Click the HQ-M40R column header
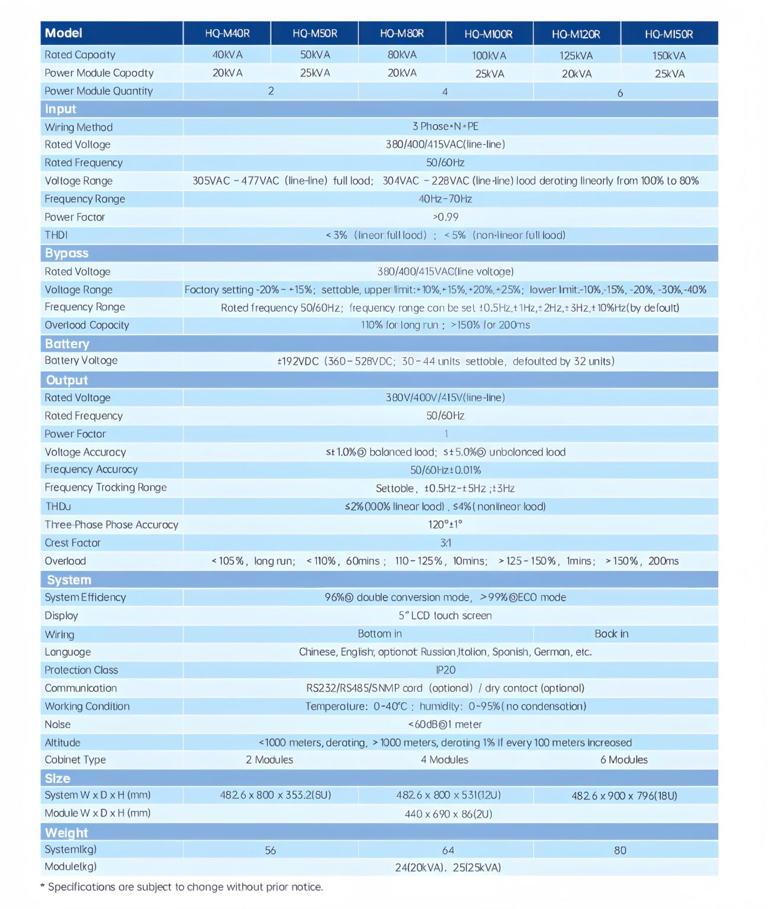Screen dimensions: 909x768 pyautogui.click(x=227, y=34)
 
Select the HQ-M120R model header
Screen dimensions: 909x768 pyautogui.click(x=576, y=34)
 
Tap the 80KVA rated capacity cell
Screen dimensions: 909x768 pyautogui.click(x=402, y=55)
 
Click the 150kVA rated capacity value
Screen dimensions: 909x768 pyautogui.click(x=669, y=56)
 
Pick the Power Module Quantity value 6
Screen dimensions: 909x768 pyautogui.click(x=620, y=93)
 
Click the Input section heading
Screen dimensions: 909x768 pyautogui.click(x=60, y=109)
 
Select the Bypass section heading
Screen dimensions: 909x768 pyautogui.click(x=66, y=253)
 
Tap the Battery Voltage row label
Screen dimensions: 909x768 pyautogui.click(x=81, y=360)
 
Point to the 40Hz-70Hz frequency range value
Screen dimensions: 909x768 pyautogui.click(x=445, y=199)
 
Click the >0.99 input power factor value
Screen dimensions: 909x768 pyautogui.click(x=445, y=217)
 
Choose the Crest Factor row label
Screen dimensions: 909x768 pyautogui.click(x=73, y=543)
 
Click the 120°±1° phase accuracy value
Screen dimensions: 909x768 pyautogui.click(x=445, y=524)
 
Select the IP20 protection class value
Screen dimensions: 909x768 pyautogui.click(x=445, y=670)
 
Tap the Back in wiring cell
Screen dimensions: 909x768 pyautogui.click(x=612, y=634)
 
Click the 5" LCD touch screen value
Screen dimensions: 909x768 pyautogui.click(x=445, y=615)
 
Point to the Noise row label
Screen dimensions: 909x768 pyautogui.click(x=57, y=724)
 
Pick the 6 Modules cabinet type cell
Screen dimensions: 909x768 pyautogui.click(x=624, y=760)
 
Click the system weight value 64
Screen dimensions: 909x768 pyautogui.click(x=448, y=850)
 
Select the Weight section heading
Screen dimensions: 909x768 pyautogui.click(x=66, y=833)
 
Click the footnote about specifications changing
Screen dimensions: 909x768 pyautogui.click(x=182, y=887)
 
